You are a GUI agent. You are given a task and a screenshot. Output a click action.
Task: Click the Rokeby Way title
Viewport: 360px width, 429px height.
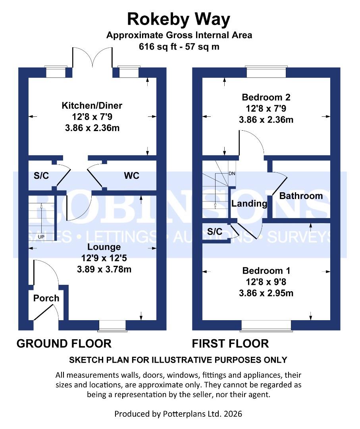[179, 19]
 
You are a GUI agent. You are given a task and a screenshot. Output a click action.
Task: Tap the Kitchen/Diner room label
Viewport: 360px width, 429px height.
[92, 106]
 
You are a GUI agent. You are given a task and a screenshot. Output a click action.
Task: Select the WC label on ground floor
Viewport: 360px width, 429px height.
[132, 176]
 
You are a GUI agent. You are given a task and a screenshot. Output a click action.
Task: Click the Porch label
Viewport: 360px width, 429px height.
[46, 298]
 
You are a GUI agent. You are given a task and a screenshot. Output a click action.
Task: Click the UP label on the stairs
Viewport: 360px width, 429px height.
[41, 237]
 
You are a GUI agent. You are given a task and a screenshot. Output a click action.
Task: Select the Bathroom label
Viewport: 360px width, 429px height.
[301, 196]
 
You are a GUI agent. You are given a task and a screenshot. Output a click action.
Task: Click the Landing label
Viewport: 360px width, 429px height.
[249, 204]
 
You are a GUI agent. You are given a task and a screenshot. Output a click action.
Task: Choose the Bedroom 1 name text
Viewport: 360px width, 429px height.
[266, 271]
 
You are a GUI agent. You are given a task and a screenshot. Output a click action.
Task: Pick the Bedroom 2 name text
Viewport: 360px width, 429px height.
[266, 97]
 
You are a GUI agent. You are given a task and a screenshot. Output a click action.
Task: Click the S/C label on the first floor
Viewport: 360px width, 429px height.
[215, 232]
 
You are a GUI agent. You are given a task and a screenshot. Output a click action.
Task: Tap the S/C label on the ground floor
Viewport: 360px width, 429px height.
[41, 176]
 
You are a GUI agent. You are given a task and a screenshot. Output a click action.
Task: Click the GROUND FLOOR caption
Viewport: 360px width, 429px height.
[64, 343]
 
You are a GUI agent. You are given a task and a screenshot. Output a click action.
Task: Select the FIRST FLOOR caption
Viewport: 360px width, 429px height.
[230, 343]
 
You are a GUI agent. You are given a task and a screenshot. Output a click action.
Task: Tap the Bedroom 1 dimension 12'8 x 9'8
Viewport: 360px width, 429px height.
[266, 282]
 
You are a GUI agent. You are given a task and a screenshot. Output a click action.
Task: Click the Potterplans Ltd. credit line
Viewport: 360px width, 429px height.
[178, 414]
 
